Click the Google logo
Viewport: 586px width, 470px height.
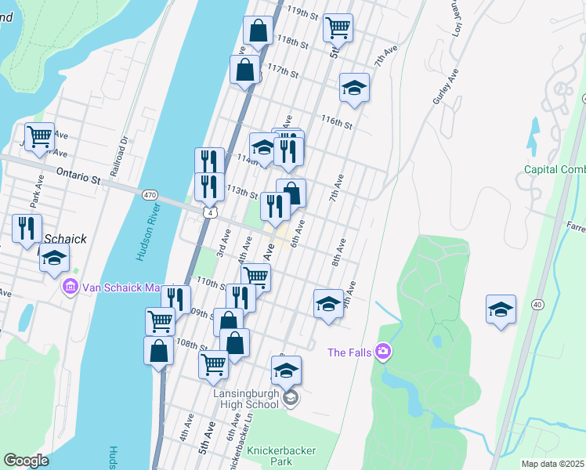point(27,461)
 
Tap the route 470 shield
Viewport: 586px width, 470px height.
point(150,194)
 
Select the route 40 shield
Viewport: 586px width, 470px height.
point(537,304)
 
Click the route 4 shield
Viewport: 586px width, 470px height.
point(210,212)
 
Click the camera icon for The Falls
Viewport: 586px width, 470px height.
point(383,352)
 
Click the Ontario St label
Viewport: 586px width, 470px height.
point(79,171)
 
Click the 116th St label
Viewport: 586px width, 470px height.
point(336,121)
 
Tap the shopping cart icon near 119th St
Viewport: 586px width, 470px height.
point(338,28)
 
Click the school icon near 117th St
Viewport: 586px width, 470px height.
point(354,87)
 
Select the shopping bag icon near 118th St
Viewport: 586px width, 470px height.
point(258,31)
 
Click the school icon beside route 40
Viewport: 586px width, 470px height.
point(500,309)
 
